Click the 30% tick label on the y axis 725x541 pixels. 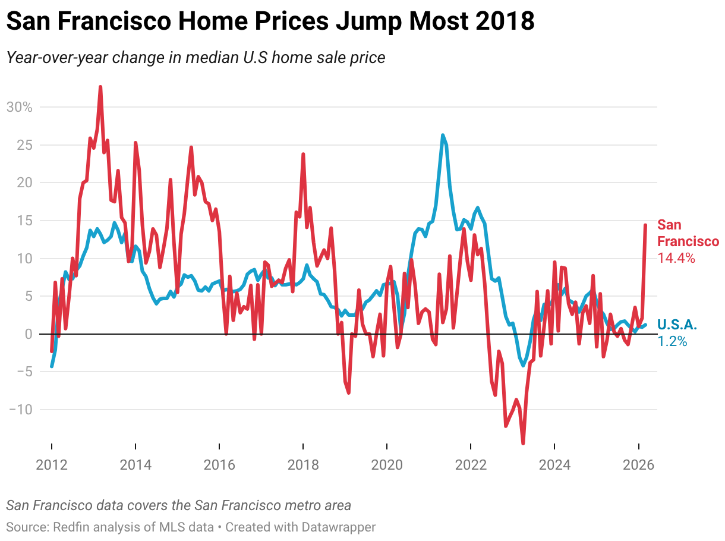pyautogui.click(x=19, y=107)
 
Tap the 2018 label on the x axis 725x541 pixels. pyautogui.click(x=303, y=464)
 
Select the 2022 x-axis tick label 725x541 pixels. pyautogui.click(x=471, y=464)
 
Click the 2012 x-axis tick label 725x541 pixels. pyautogui.click(x=52, y=464)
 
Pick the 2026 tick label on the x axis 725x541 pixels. pyautogui.click(x=638, y=464)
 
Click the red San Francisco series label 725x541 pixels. pyautogui.click(x=688, y=233)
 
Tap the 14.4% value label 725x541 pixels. pyautogui.click(x=676, y=259)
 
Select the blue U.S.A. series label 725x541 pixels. pyautogui.click(x=677, y=325)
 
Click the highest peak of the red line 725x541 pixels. pyautogui.click(x=100, y=87)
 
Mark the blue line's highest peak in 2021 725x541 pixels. pyautogui.click(x=443, y=135)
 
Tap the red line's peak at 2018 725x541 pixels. pyautogui.click(x=303, y=154)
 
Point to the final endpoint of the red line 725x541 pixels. pyautogui.click(x=645, y=225)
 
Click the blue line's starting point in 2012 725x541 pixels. pyautogui.click(x=52, y=366)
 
